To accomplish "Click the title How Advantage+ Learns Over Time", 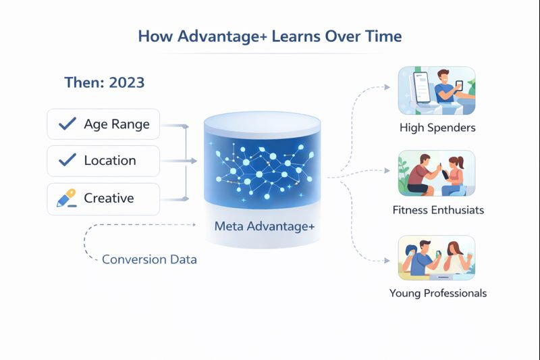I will pyautogui.click(x=270, y=36).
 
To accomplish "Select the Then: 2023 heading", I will pyautogui.click(x=104, y=82).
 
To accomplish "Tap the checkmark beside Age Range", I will pyautogui.click(x=67, y=124).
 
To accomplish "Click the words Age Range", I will pyautogui.click(x=116, y=124).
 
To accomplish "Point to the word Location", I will pyautogui.click(x=109, y=161).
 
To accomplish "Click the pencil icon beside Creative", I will pyautogui.click(x=66, y=199).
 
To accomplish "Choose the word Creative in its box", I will pyautogui.click(x=109, y=199).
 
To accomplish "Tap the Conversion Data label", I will pyautogui.click(x=149, y=259).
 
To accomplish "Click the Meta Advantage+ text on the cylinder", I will pyautogui.click(x=265, y=226).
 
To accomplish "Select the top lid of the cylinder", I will pyautogui.click(x=263, y=123).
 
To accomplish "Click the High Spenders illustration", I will pyautogui.click(x=437, y=88).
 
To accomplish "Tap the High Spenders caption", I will pyautogui.click(x=437, y=128).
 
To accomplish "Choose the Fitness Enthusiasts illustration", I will pyautogui.click(x=437, y=173).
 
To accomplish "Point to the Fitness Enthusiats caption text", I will pyautogui.click(x=437, y=210).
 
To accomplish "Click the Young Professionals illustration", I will pyautogui.click(x=437, y=257).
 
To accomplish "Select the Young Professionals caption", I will pyautogui.click(x=437, y=293).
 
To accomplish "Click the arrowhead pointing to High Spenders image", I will pyautogui.click(x=387, y=87).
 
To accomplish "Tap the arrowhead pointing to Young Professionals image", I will pyautogui.click(x=387, y=261).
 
